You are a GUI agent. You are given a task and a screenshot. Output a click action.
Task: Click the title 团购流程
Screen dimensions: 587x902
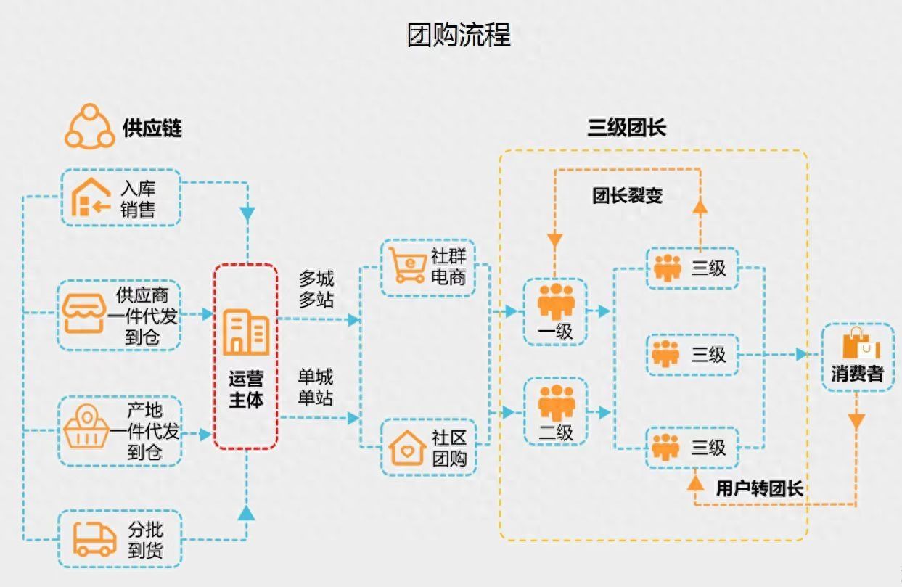tap(459, 34)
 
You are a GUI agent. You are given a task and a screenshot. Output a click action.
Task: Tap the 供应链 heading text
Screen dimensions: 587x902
tap(152, 128)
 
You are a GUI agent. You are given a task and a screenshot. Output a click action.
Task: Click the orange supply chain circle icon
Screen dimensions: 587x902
tap(90, 127)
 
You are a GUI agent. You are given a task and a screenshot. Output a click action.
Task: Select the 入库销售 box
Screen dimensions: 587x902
tap(120, 198)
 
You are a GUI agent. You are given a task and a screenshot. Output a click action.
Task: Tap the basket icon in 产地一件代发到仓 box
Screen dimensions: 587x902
tap(88, 430)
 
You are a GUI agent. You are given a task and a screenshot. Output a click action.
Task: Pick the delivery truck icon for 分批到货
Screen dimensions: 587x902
tap(94, 539)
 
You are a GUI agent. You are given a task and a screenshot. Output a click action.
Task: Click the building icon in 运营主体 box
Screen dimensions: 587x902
tap(245, 332)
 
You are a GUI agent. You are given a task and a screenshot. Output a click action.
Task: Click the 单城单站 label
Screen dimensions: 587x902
tap(316, 387)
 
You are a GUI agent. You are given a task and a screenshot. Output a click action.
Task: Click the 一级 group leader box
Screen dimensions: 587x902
tap(555, 311)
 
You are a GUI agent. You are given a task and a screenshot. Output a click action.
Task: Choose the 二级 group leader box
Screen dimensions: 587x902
tap(555, 411)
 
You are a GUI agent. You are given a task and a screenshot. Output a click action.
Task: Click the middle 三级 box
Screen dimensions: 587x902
tap(692, 354)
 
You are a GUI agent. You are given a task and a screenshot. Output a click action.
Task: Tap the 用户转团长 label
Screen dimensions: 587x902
tap(759, 488)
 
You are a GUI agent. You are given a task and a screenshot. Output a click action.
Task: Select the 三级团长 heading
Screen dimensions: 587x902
tap(626, 128)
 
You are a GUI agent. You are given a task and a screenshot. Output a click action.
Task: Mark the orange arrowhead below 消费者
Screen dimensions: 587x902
tap(857, 420)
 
